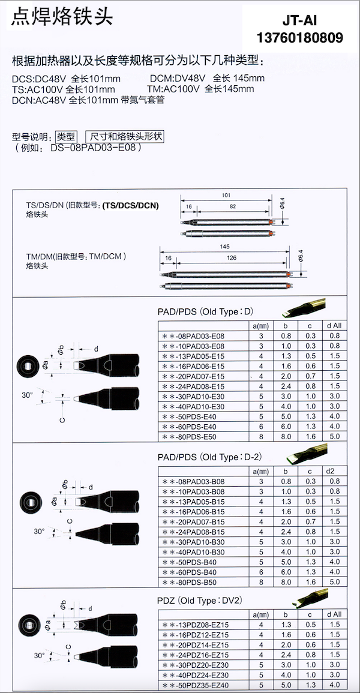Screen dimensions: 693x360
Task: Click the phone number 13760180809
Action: (300, 38)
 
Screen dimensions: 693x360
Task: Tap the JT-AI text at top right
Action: (300, 21)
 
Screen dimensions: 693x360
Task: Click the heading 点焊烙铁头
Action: (61, 16)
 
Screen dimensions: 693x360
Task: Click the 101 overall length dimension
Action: (226, 195)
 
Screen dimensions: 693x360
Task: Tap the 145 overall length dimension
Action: (224, 247)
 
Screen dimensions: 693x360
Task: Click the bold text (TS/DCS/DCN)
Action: (131, 205)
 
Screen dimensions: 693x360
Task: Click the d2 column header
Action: (334, 471)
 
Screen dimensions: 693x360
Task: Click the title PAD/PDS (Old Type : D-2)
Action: (204, 457)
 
